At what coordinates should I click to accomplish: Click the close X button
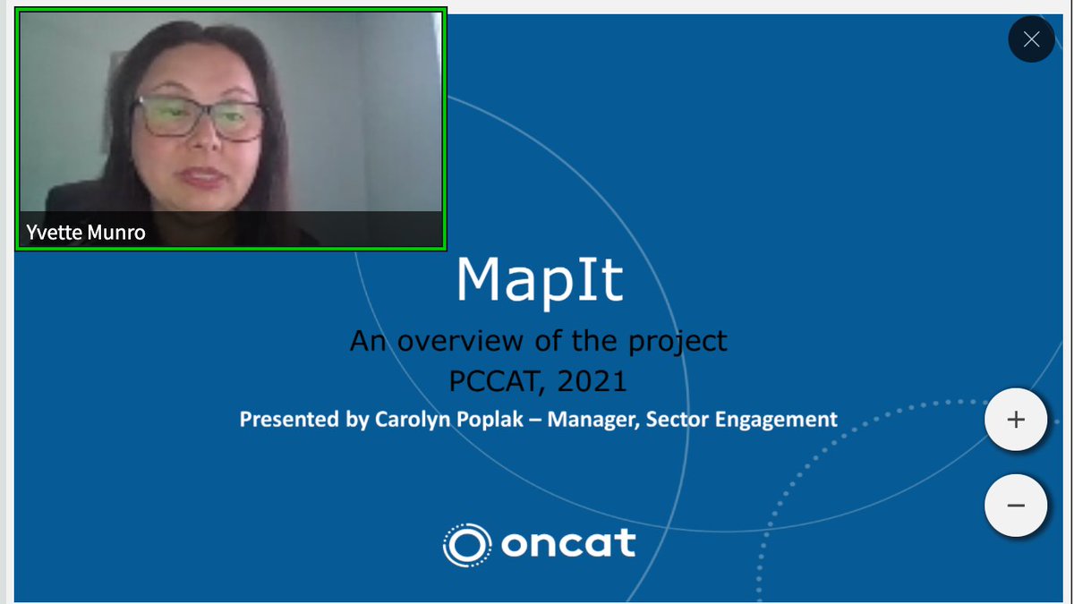pyautogui.click(x=1031, y=39)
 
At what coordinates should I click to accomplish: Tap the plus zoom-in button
pyautogui.click(x=1015, y=420)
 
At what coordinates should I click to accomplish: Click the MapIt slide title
pyautogui.click(x=539, y=280)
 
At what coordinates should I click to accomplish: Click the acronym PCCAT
pyautogui.click(x=497, y=381)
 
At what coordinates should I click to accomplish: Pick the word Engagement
pyautogui.click(x=784, y=419)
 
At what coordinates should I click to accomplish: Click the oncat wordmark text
pyautogui.click(x=568, y=543)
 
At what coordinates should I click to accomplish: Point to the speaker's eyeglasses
pyautogui.click(x=199, y=117)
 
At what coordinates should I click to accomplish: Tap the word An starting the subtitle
pyautogui.click(x=367, y=341)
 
